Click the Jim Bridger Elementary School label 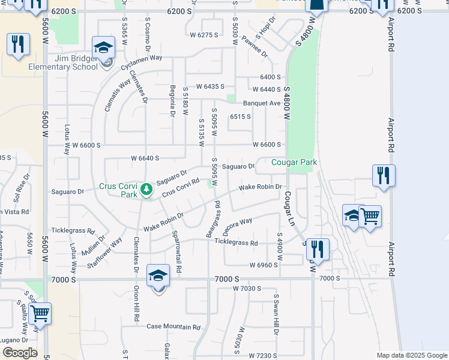point(62,62)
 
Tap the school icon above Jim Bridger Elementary point(104,47)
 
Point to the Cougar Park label point(294,163)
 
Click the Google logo point(20,353)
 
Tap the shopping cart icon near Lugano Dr point(40,313)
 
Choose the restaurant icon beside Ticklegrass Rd point(318,250)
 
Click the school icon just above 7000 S point(158,275)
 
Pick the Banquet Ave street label point(262,103)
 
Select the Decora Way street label point(236,227)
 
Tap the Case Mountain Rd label point(173,327)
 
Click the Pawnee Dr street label point(255,46)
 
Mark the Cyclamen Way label point(142,58)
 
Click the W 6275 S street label point(204,35)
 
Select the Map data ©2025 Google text point(411,355)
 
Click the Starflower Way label point(104,252)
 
